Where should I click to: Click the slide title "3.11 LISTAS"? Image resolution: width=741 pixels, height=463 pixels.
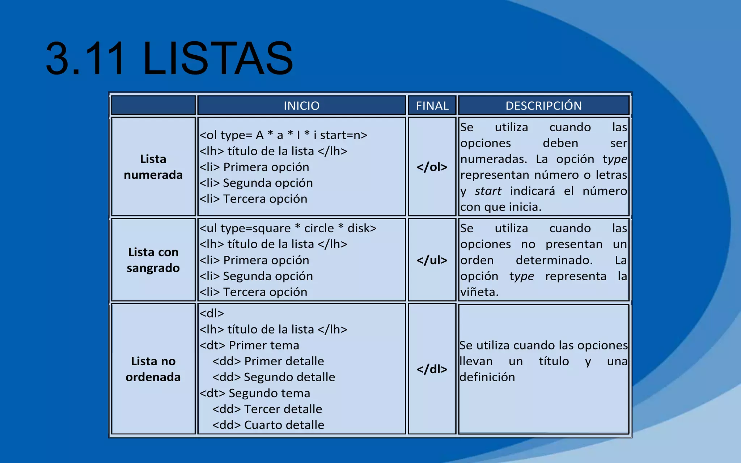click(169, 59)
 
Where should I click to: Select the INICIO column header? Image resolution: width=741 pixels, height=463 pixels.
click(301, 106)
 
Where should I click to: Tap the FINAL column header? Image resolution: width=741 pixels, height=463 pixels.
click(432, 106)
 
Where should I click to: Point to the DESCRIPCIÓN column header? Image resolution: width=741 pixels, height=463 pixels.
click(543, 106)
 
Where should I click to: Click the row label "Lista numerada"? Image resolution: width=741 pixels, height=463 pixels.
click(153, 167)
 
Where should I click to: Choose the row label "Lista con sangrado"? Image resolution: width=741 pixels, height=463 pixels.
click(153, 260)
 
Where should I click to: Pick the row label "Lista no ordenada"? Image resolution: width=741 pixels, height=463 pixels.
click(153, 369)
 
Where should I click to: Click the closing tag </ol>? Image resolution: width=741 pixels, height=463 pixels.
click(432, 167)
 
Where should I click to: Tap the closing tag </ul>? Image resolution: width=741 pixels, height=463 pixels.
click(432, 260)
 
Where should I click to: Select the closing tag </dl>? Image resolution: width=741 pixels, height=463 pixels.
click(432, 369)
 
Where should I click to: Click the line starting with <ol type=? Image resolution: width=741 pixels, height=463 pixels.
click(283, 135)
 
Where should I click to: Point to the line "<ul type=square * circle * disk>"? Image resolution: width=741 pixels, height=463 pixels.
click(288, 228)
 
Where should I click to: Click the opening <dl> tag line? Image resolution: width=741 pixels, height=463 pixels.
click(212, 313)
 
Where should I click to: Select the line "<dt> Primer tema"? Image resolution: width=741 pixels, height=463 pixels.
click(249, 345)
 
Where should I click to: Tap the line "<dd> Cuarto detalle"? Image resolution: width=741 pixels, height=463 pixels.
click(268, 425)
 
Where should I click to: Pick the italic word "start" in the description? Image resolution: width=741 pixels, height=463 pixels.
click(488, 191)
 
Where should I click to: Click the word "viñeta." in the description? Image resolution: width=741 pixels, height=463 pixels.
click(479, 292)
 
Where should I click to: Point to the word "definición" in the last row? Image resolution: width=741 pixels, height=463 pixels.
click(487, 377)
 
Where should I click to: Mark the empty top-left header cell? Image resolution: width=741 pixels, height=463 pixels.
click(153, 105)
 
